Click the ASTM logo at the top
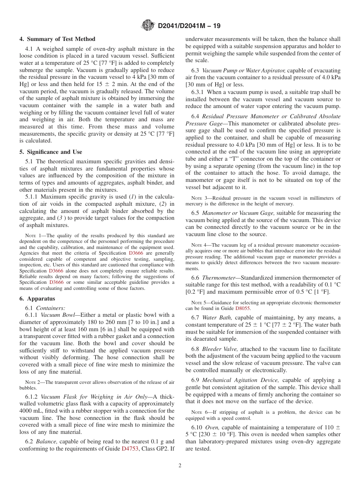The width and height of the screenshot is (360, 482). click(148, 26)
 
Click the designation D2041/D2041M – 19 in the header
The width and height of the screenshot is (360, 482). click(189, 26)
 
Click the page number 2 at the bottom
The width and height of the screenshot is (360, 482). click(180, 466)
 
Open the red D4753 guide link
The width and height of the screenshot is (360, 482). click(128, 449)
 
